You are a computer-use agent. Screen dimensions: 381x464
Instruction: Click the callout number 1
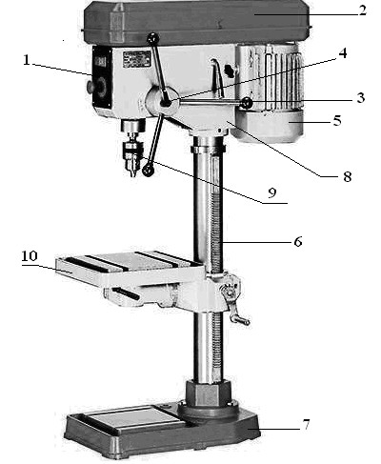click(x=27, y=60)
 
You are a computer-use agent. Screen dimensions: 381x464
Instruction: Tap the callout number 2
click(x=363, y=10)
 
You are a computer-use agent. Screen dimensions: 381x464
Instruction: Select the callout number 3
click(x=361, y=98)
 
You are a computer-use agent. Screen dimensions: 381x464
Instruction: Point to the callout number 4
click(x=343, y=53)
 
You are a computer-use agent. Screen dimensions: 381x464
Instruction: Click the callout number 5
click(x=337, y=121)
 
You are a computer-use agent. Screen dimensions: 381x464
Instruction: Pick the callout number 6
click(x=298, y=242)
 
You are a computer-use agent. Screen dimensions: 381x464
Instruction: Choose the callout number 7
click(x=306, y=425)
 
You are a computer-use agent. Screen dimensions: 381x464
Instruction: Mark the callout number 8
click(x=348, y=176)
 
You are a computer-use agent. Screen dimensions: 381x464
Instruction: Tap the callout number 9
click(x=272, y=192)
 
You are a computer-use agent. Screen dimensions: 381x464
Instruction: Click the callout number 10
click(x=30, y=256)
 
